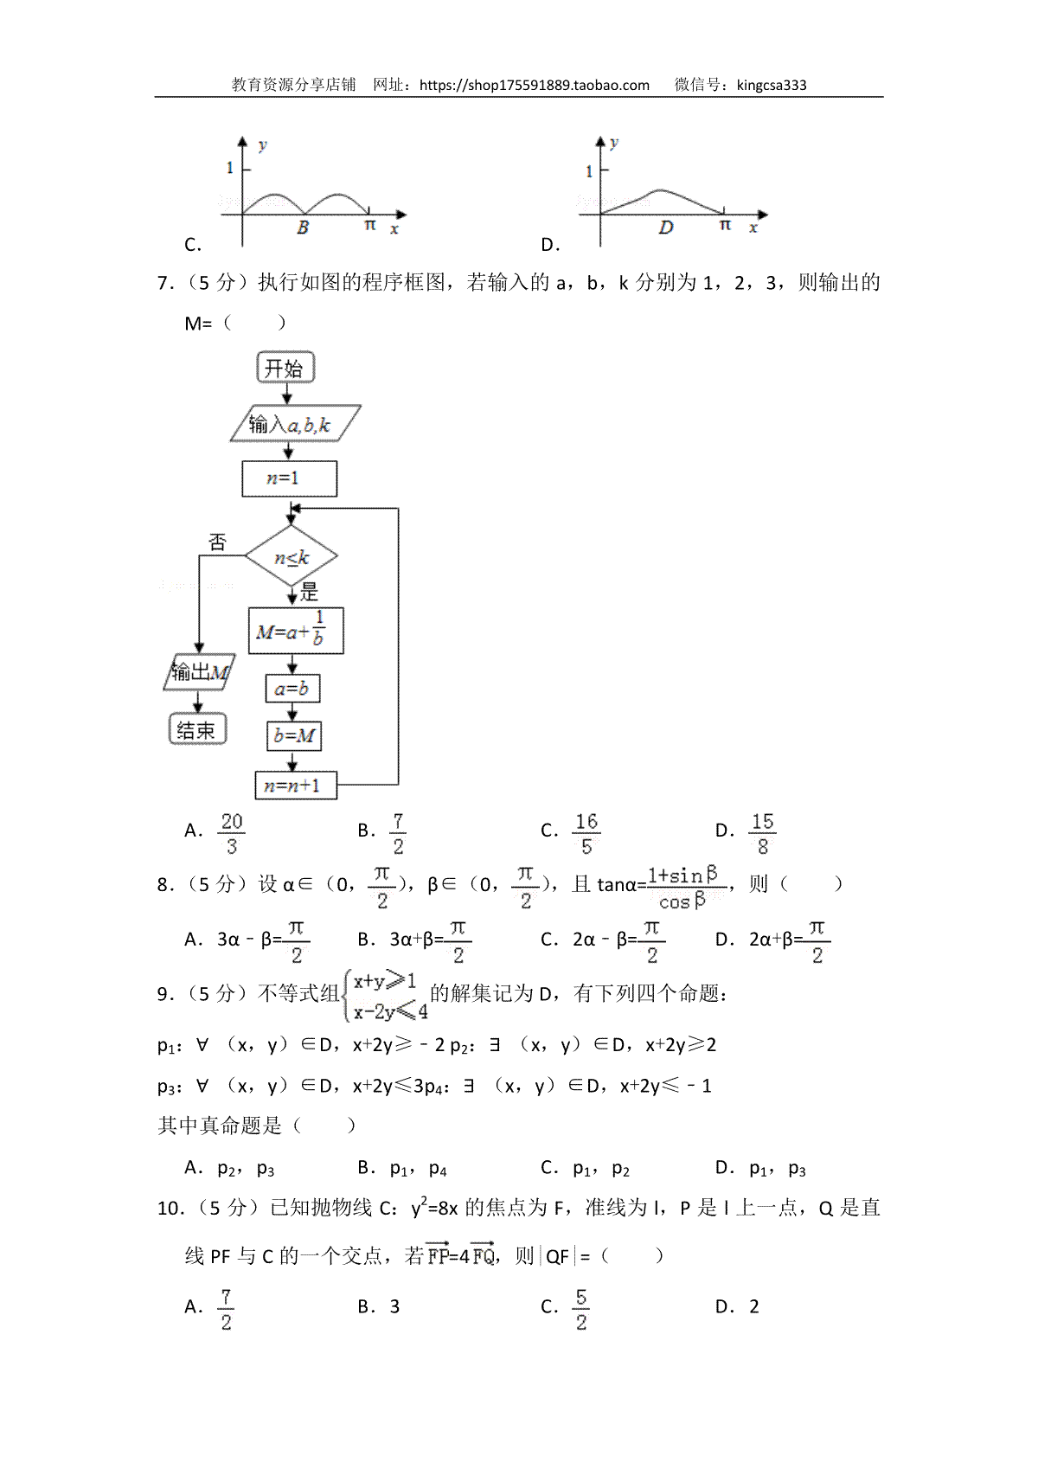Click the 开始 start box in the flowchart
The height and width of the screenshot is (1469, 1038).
point(285,367)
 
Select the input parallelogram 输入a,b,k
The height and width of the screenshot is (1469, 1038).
point(295,424)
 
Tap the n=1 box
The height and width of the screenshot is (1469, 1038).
point(289,478)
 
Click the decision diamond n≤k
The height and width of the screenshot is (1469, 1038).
point(292,556)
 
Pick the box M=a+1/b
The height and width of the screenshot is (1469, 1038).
point(296,630)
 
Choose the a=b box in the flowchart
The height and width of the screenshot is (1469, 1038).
point(292,689)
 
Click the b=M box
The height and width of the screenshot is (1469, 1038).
point(294,736)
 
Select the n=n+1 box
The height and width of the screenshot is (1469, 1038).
point(296,785)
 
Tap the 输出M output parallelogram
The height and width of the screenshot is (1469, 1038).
point(199,671)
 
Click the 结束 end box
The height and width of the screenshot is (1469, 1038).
point(197,729)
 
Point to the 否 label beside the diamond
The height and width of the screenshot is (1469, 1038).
point(217,542)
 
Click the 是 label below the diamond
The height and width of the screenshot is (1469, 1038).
point(309,593)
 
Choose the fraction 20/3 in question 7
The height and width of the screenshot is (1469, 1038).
point(232,833)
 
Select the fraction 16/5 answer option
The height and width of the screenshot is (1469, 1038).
point(586,833)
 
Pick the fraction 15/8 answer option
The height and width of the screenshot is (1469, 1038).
point(763,833)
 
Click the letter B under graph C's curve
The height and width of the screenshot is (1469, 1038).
point(302,228)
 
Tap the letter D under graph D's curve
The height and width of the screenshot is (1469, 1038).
point(665,228)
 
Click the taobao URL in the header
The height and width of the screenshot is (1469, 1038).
point(535,86)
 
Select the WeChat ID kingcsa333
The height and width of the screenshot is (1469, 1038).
point(771,86)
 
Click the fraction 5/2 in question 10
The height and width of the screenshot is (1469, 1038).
point(581,1309)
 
